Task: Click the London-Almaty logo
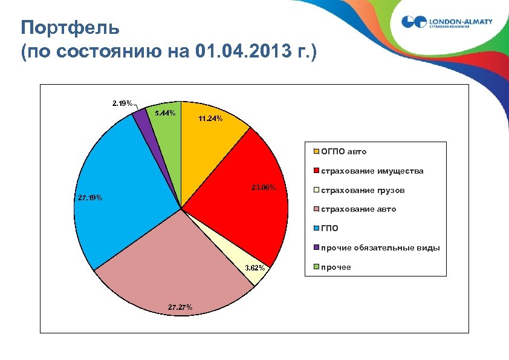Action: tap(447, 22)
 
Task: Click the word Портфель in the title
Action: tap(70, 28)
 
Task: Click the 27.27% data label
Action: tap(180, 307)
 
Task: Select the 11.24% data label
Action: tap(210, 119)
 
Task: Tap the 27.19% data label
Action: tap(90, 198)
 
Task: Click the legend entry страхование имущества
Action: tap(372, 171)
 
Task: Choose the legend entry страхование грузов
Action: tap(362, 191)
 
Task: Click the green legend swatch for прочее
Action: tap(316, 267)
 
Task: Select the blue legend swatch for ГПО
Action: tap(316, 229)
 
